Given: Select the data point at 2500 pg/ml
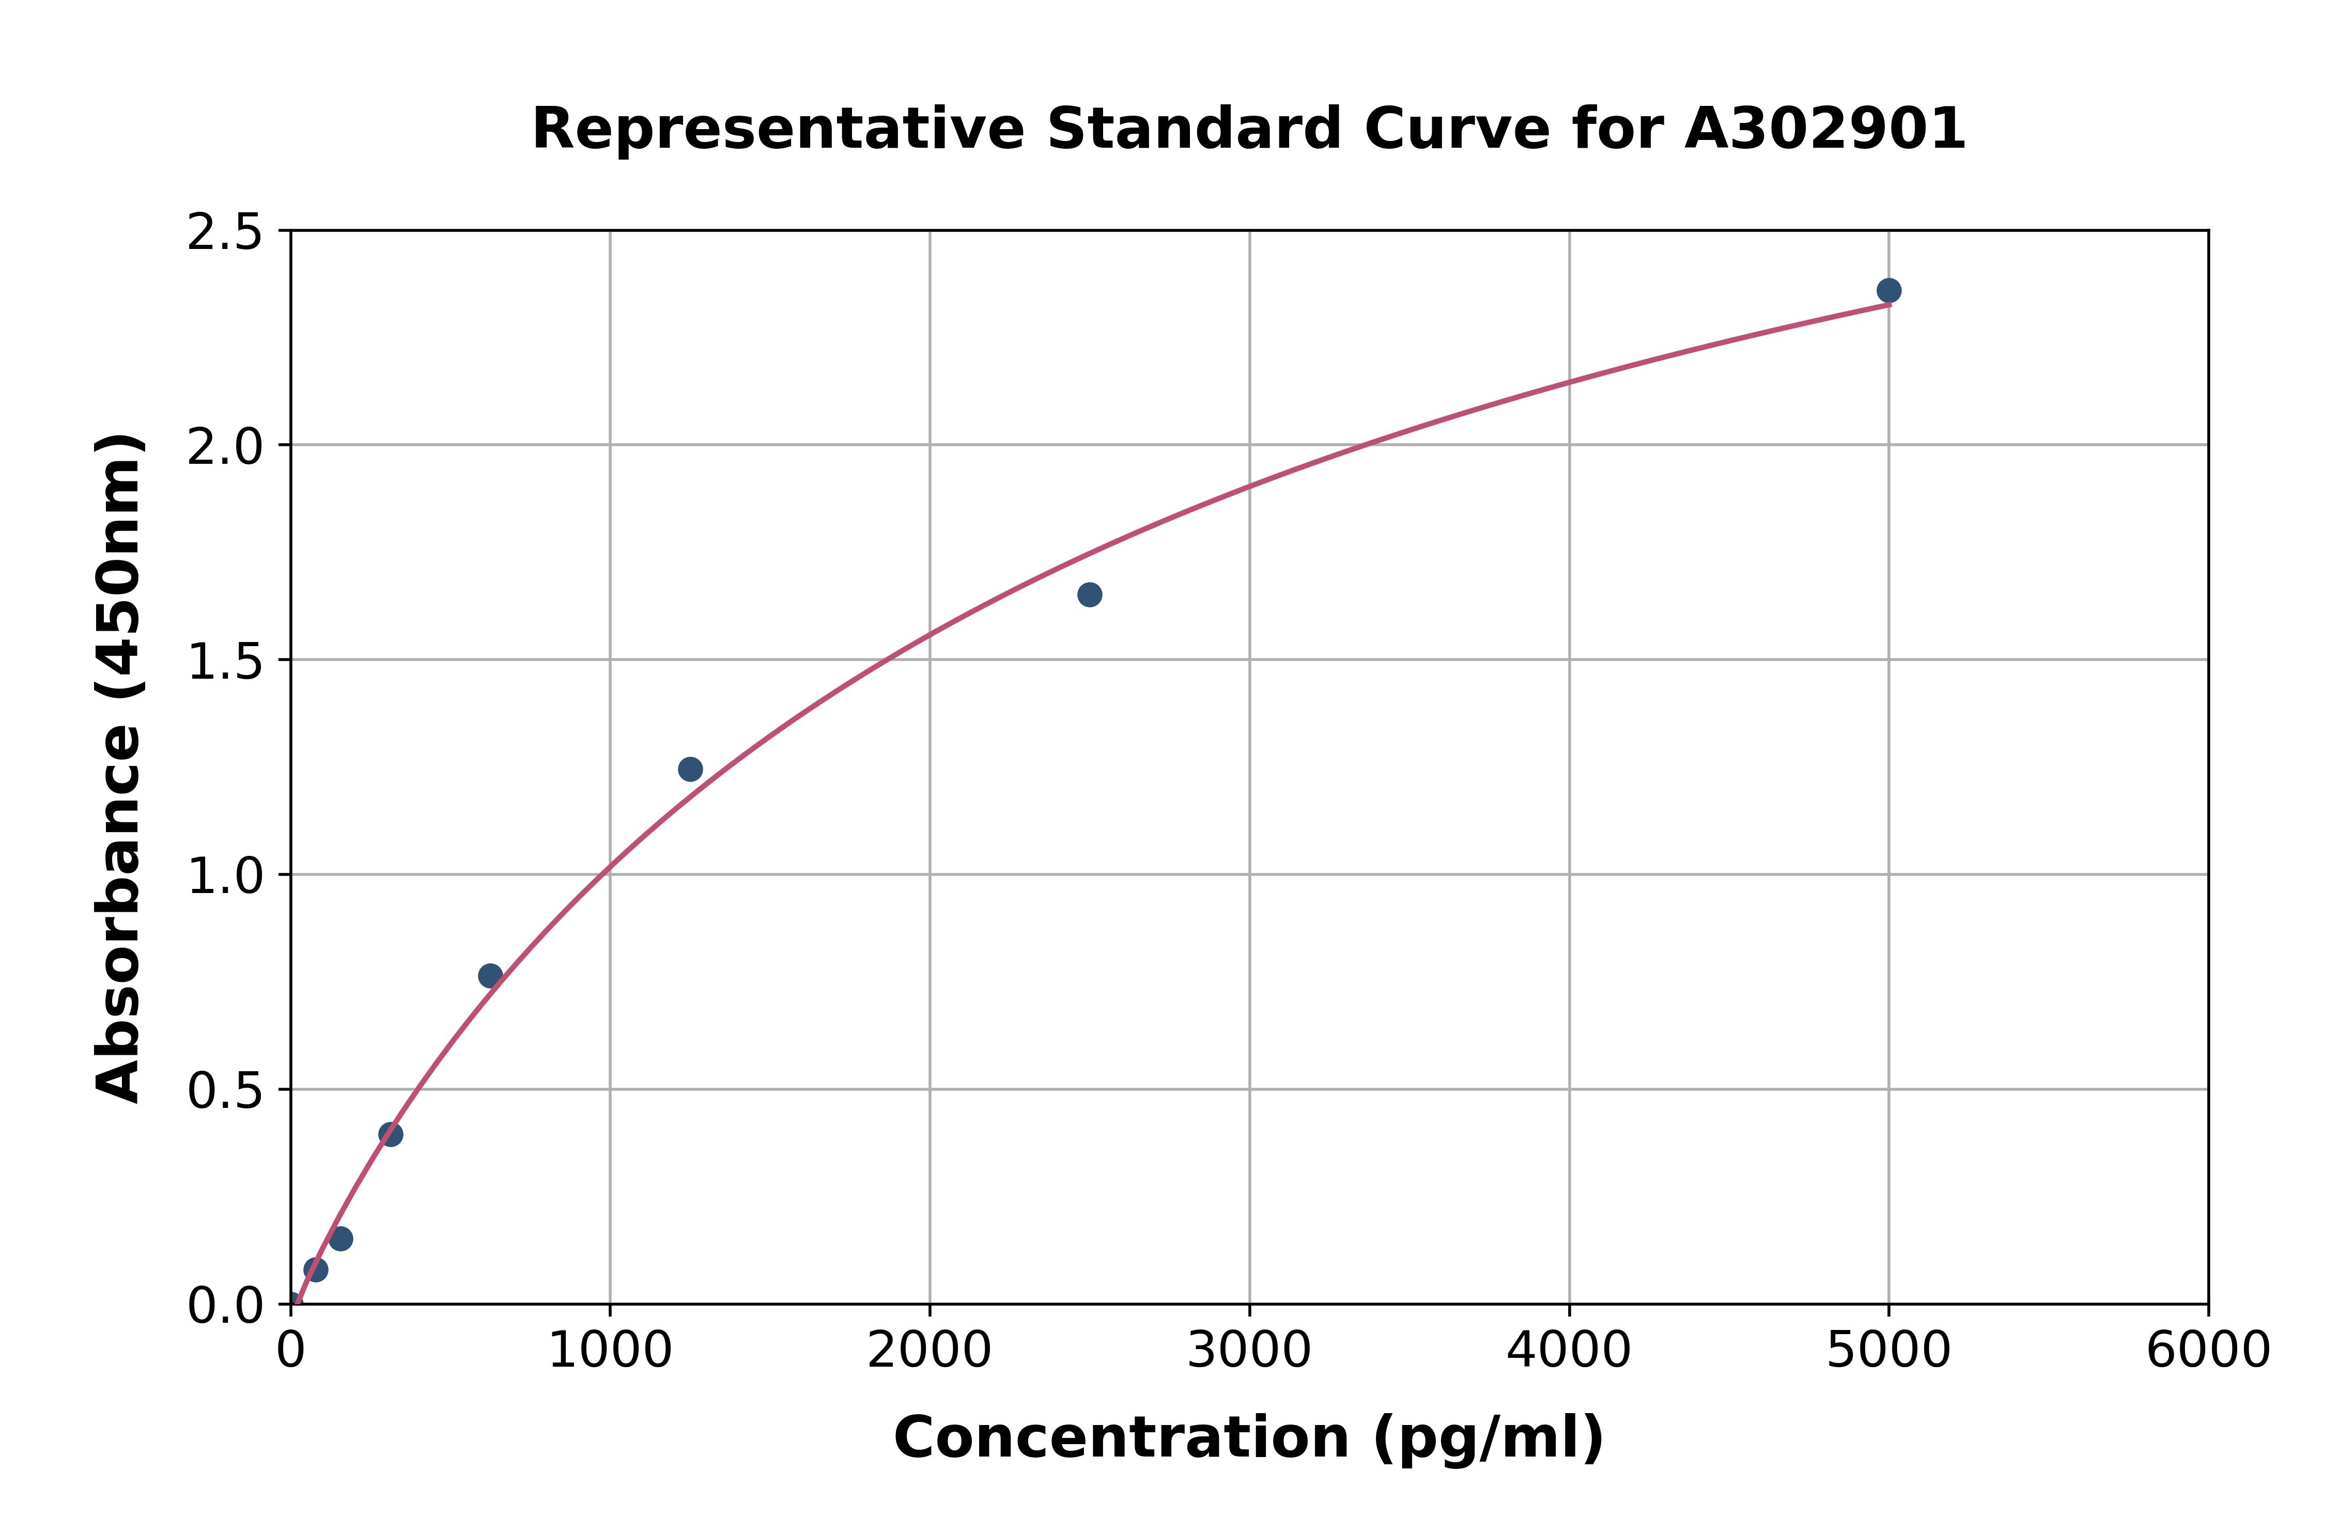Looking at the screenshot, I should pyautogui.click(x=1089, y=595).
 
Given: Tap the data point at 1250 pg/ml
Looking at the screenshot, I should pyautogui.click(x=690, y=769).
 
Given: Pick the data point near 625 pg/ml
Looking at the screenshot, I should pyautogui.click(x=490, y=975).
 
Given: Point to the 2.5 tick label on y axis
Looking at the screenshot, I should pyautogui.click(x=225, y=233).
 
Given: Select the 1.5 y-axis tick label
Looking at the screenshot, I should pyautogui.click(x=225, y=661).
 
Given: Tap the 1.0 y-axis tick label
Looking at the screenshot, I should pyautogui.click(x=225, y=875).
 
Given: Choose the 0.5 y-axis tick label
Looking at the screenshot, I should pyautogui.click(x=225, y=1090).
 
